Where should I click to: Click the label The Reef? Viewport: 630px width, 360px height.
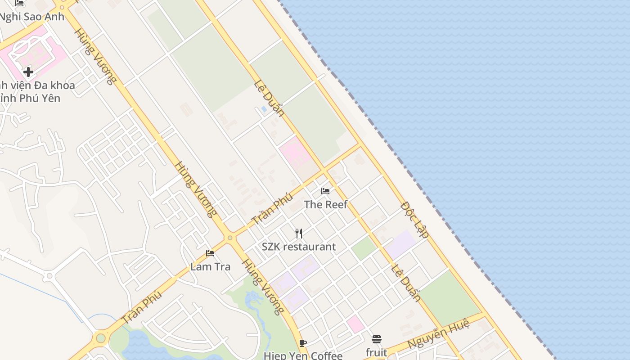(x=325, y=205)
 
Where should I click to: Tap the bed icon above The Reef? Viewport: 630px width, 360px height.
(x=325, y=191)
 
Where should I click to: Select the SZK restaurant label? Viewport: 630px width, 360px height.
(x=299, y=247)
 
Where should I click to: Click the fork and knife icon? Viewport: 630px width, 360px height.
(x=299, y=233)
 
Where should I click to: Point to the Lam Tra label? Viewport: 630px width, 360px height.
(x=210, y=266)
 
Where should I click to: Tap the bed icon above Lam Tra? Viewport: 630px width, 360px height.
(x=210, y=253)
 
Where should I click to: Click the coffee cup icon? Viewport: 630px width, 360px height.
(x=303, y=343)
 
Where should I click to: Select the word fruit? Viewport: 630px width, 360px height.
(x=376, y=352)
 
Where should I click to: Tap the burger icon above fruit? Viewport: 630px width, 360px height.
(x=377, y=339)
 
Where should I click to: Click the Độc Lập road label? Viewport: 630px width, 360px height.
(x=414, y=220)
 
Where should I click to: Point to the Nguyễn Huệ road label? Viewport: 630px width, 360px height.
(x=439, y=333)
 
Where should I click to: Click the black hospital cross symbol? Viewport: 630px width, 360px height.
(x=28, y=72)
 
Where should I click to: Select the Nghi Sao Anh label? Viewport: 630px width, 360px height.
(x=31, y=17)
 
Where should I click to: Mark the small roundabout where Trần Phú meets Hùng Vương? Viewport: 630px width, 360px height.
(x=230, y=238)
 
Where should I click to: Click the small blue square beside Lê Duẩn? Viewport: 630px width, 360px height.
(x=264, y=109)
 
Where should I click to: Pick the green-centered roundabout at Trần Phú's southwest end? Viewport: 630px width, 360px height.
(x=101, y=337)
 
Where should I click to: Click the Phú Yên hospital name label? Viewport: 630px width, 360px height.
(x=36, y=91)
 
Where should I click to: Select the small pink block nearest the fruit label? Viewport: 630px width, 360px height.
(x=355, y=324)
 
